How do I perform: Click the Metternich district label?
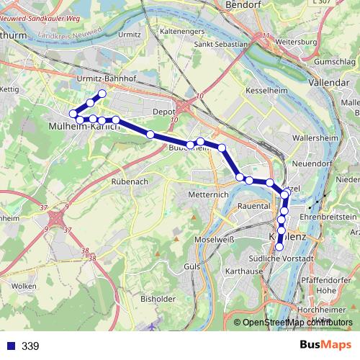(207, 194)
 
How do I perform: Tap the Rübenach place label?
(130, 182)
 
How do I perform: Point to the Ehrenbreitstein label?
(329, 216)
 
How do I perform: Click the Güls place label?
(192, 266)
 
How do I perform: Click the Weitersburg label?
(297, 42)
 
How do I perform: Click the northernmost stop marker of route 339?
(102, 94)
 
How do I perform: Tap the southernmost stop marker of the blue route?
(279, 247)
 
